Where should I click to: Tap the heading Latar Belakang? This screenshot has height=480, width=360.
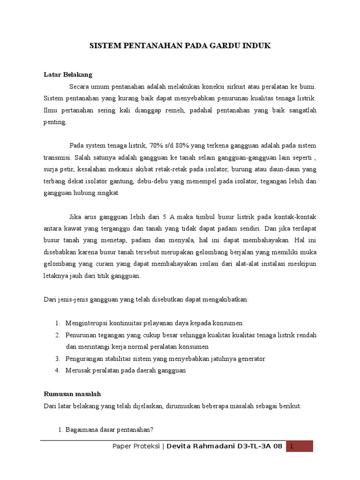point(68,75)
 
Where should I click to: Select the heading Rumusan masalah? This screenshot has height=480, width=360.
point(72,394)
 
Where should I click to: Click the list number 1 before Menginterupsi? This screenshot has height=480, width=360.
point(57,323)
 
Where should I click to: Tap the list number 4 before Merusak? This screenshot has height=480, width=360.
point(57,370)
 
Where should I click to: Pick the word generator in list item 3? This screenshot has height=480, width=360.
point(250,359)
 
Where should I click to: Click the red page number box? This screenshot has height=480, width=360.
point(300,446)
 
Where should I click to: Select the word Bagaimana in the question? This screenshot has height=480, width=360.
point(82,430)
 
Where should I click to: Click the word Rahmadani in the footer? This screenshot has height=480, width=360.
point(216,446)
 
